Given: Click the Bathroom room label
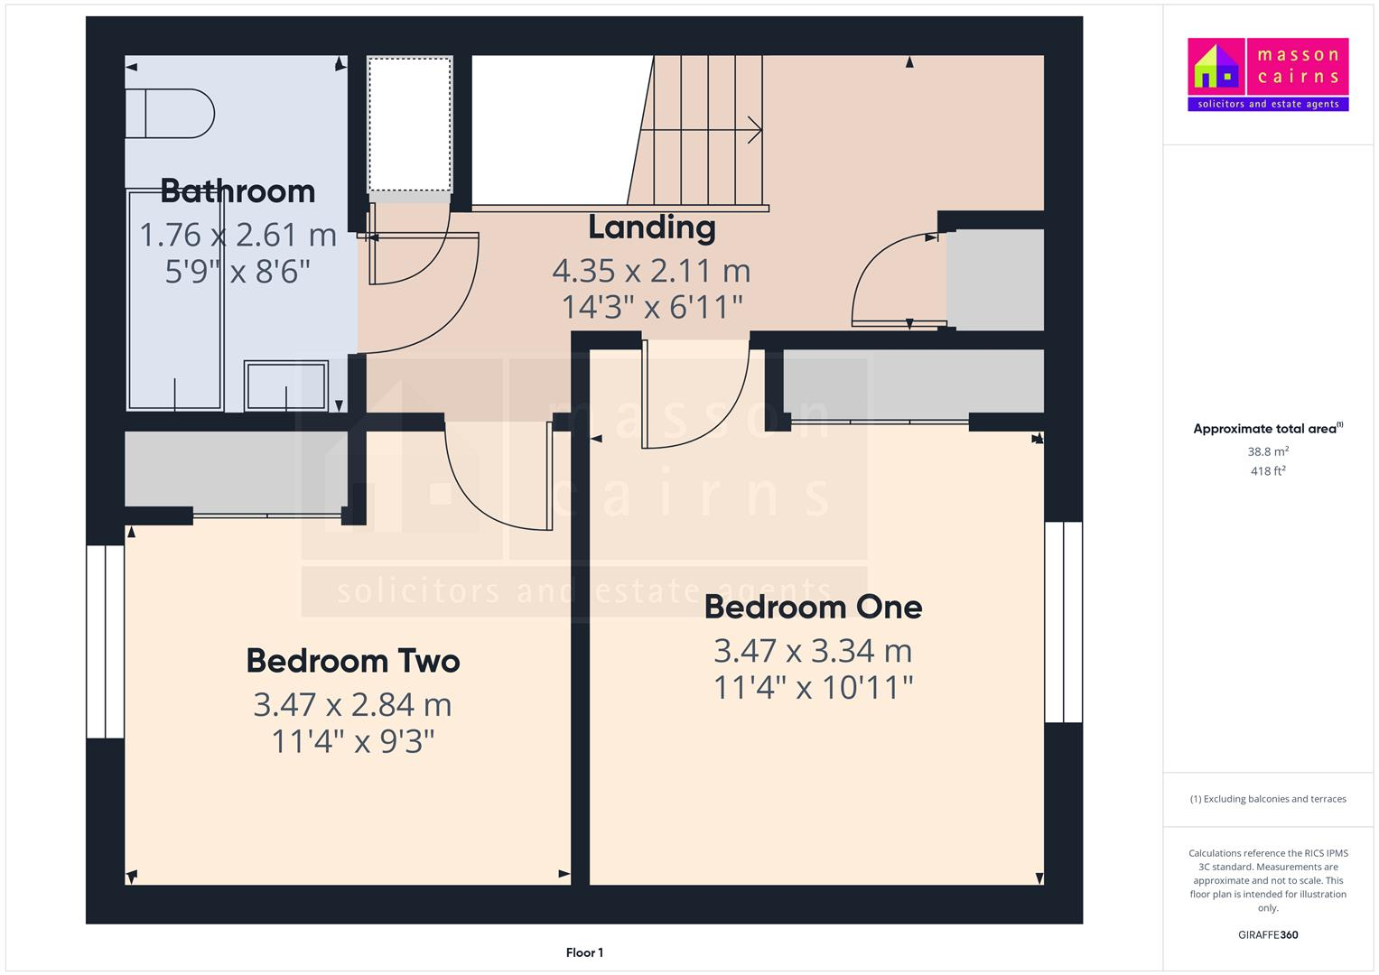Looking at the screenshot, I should click(x=238, y=191).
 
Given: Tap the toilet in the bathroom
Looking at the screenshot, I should click(x=172, y=114).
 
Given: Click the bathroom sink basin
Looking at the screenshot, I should click(x=286, y=385).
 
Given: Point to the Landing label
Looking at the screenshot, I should click(x=651, y=227).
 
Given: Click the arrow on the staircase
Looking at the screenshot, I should click(x=751, y=131).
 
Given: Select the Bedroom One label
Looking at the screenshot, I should click(x=813, y=607).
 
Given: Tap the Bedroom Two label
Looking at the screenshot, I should click(x=353, y=661).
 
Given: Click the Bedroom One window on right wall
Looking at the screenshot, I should click(x=1063, y=622).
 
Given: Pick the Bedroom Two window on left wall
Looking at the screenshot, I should click(x=105, y=641).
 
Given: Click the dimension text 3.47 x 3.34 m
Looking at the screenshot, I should click(x=813, y=651).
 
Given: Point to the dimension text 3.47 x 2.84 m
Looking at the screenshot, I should click(x=352, y=705).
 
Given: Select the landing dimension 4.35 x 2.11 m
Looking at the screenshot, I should click(x=651, y=271).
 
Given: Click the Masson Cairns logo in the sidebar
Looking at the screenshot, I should click(x=1267, y=74).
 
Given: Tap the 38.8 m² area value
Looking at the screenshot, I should click(x=1267, y=451).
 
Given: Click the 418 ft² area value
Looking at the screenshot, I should click(x=1267, y=471).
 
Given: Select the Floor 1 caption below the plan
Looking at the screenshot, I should click(x=584, y=952).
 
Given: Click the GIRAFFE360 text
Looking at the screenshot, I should click(x=1267, y=934).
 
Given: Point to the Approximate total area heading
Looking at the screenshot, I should click(x=1267, y=429).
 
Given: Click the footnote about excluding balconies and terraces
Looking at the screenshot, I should click(x=1267, y=799).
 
